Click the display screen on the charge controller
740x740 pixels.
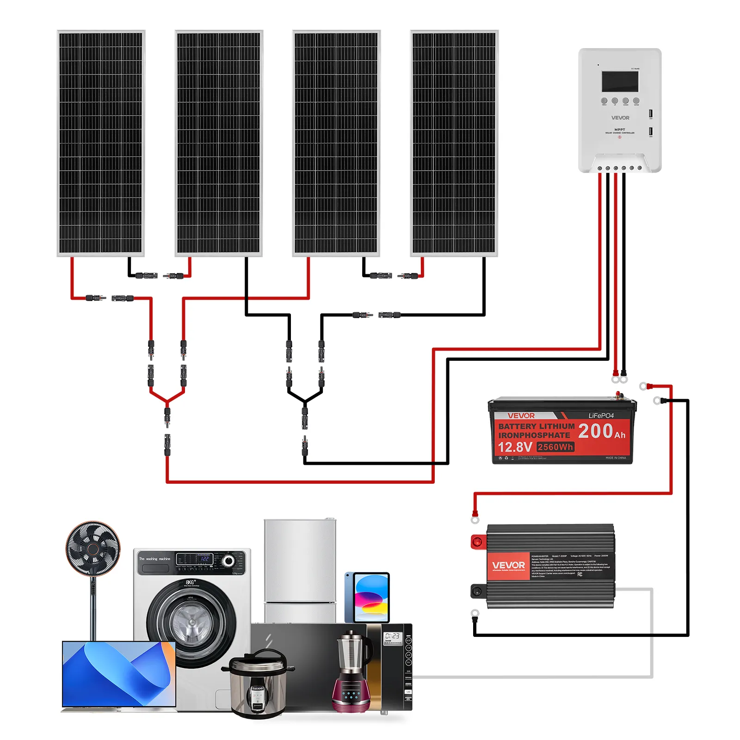620,81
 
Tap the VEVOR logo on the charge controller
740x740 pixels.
620,118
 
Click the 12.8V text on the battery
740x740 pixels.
515,447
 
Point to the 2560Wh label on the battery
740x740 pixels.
555,447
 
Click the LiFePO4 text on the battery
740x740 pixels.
601,415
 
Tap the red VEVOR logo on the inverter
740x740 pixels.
508,566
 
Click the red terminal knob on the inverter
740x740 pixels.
477,542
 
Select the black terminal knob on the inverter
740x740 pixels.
476,591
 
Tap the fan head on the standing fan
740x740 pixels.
93,549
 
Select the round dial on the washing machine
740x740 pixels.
228,561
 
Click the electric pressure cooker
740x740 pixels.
257,684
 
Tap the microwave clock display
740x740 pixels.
392,636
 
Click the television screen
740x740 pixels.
119,674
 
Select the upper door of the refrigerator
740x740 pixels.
300,560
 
